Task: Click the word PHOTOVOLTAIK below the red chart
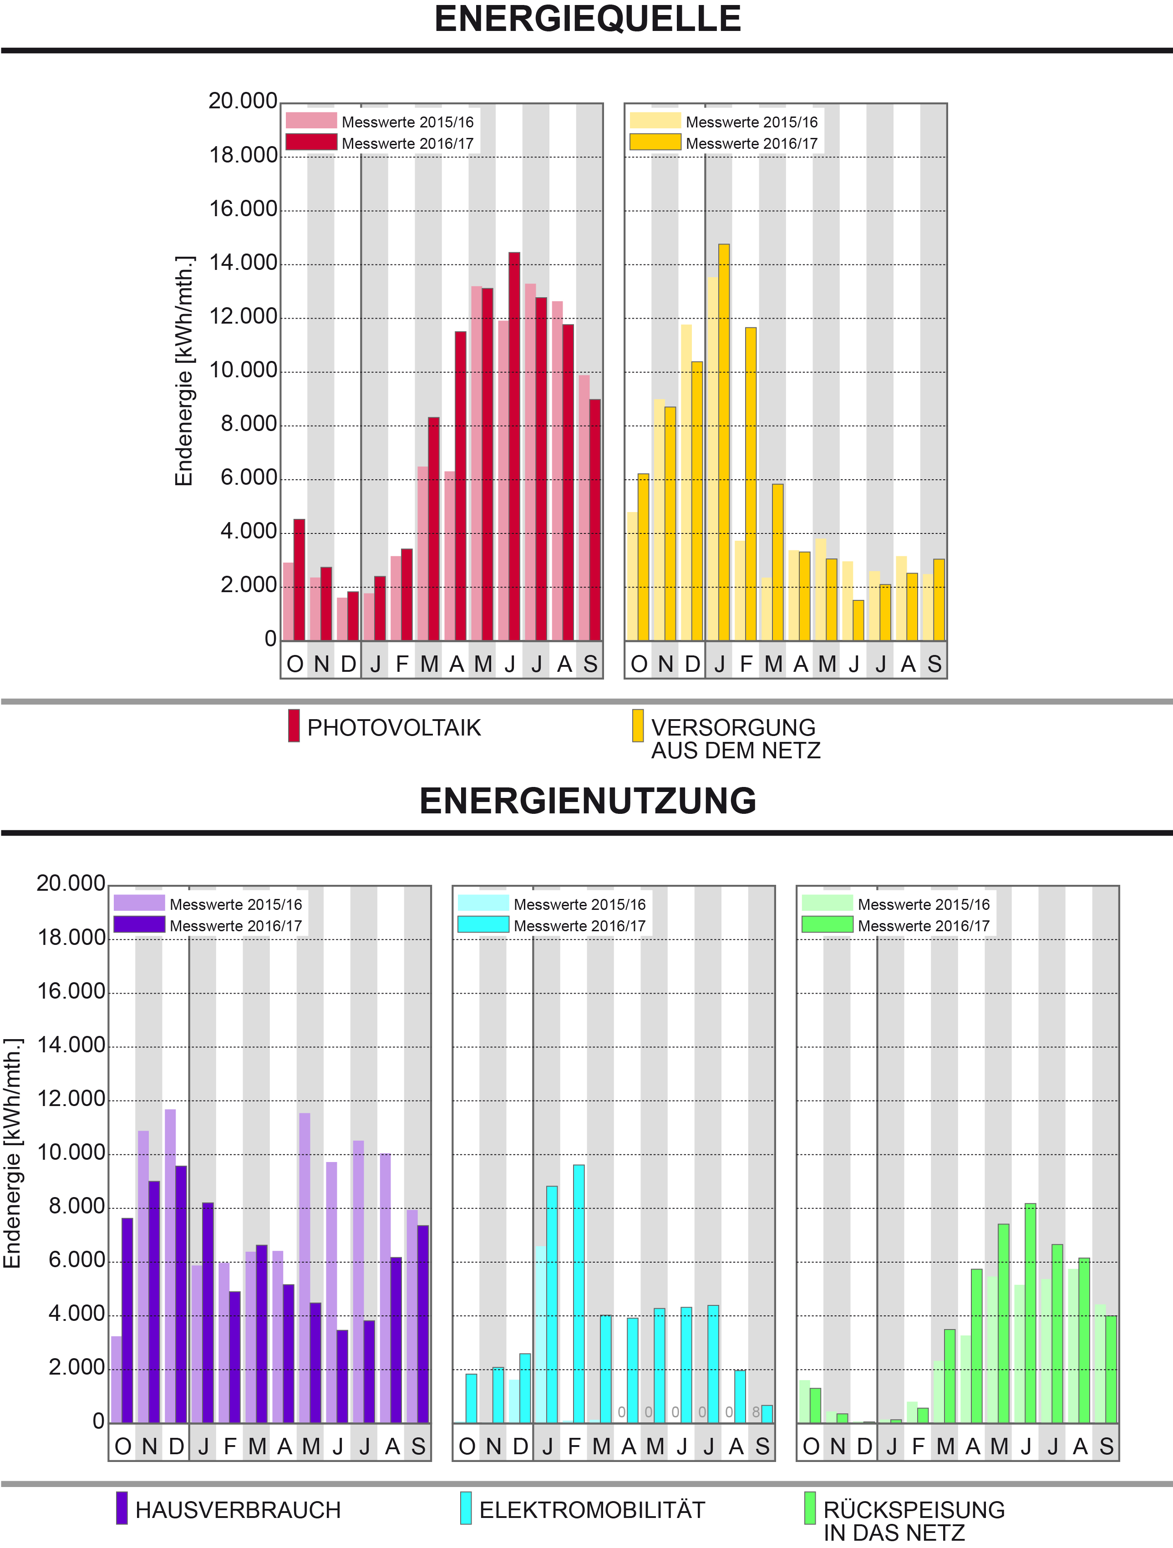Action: point(394,728)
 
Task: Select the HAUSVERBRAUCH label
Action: point(238,1510)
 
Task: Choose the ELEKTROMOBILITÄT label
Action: point(592,1510)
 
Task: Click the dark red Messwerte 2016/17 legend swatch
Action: point(311,142)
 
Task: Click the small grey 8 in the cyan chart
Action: point(756,1412)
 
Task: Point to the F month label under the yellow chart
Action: point(746,664)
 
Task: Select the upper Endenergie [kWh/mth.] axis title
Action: point(183,371)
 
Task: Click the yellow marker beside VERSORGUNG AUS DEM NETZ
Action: point(638,726)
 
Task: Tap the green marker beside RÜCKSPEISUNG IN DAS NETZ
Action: point(810,1508)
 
